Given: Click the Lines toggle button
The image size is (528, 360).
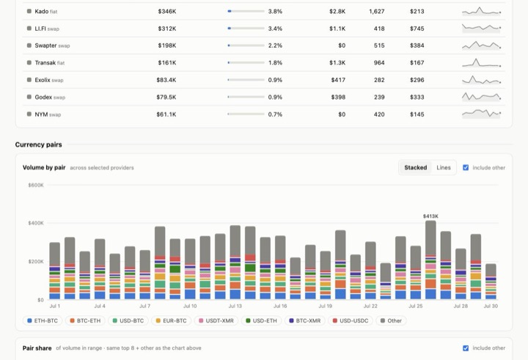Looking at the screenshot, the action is point(444,167).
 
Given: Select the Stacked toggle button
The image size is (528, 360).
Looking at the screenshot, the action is point(416,167).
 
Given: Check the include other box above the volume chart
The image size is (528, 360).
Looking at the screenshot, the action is point(466,167).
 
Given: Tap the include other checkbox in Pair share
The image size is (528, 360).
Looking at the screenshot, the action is point(466,348).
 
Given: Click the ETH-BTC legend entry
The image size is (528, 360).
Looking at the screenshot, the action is point(43,320).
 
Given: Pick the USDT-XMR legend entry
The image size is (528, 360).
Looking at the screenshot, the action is point(216,320).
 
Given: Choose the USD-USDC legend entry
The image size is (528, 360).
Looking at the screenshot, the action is point(351,320).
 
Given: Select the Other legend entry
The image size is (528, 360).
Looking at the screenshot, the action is point(391,320).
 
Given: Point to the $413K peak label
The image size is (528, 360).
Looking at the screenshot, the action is point(430,216).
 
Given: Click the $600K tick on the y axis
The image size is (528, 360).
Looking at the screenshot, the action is point(36,185).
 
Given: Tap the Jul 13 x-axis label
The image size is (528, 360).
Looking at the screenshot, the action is point(235,306).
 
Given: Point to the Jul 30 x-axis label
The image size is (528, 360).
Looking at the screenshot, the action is point(491,306).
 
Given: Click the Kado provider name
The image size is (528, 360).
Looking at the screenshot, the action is point(41,12).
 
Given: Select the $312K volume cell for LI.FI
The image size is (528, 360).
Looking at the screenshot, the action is point(167,29).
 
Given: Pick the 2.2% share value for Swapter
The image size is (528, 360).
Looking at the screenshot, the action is point(275,45).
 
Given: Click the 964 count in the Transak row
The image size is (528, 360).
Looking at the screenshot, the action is point(379,62).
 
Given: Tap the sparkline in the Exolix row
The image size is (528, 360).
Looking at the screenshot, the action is point(481,80).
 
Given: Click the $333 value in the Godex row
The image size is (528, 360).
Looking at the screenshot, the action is point(417,97).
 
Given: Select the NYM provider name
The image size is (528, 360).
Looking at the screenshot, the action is point(41,114).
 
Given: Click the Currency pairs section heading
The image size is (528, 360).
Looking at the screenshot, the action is point(38,144).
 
